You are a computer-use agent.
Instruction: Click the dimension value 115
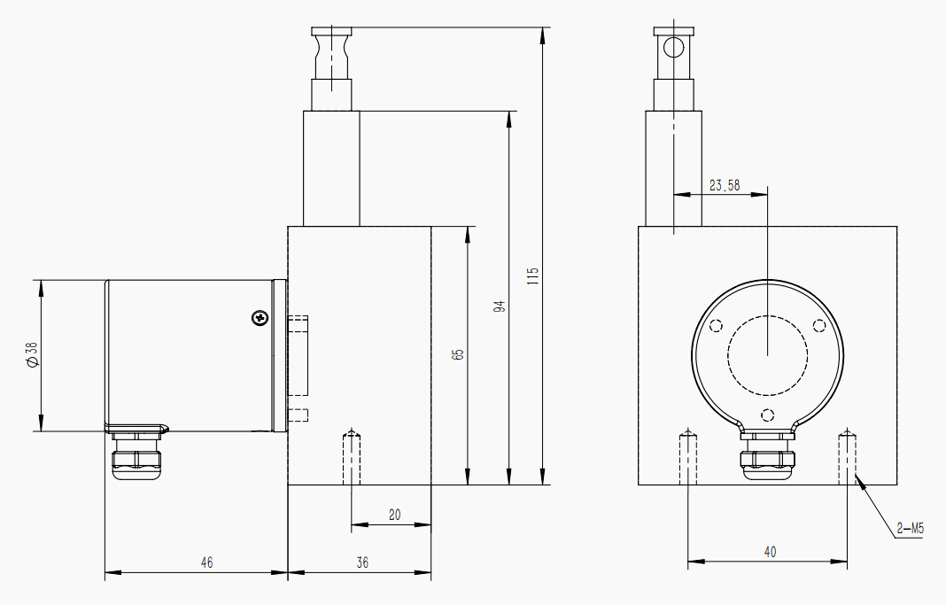(x=532, y=275)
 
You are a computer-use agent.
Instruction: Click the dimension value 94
(x=500, y=307)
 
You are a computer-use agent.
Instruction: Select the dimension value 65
(x=458, y=354)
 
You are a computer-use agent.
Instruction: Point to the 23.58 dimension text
(x=725, y=185)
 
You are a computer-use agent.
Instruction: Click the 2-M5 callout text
(x=910, y=530)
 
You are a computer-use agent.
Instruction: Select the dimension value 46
(x=206, y=562)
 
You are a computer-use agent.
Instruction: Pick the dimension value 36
(x=362, y=562)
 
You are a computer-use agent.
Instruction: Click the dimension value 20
(x=395, y=514)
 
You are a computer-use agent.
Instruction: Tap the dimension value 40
(x=770, y=551)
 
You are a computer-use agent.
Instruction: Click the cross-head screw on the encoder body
(x=259, y=316)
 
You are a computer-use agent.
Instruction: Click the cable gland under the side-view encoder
(x=137, y=459)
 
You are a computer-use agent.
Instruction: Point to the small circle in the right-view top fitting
(x=674, y=47)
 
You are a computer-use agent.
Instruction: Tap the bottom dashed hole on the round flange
(x=768, y=414)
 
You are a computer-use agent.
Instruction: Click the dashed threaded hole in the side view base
(x=352, y=457)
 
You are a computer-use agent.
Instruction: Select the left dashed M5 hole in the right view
(x=687, y=457)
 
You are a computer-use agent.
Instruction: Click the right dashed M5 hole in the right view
(x=847, y=457)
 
